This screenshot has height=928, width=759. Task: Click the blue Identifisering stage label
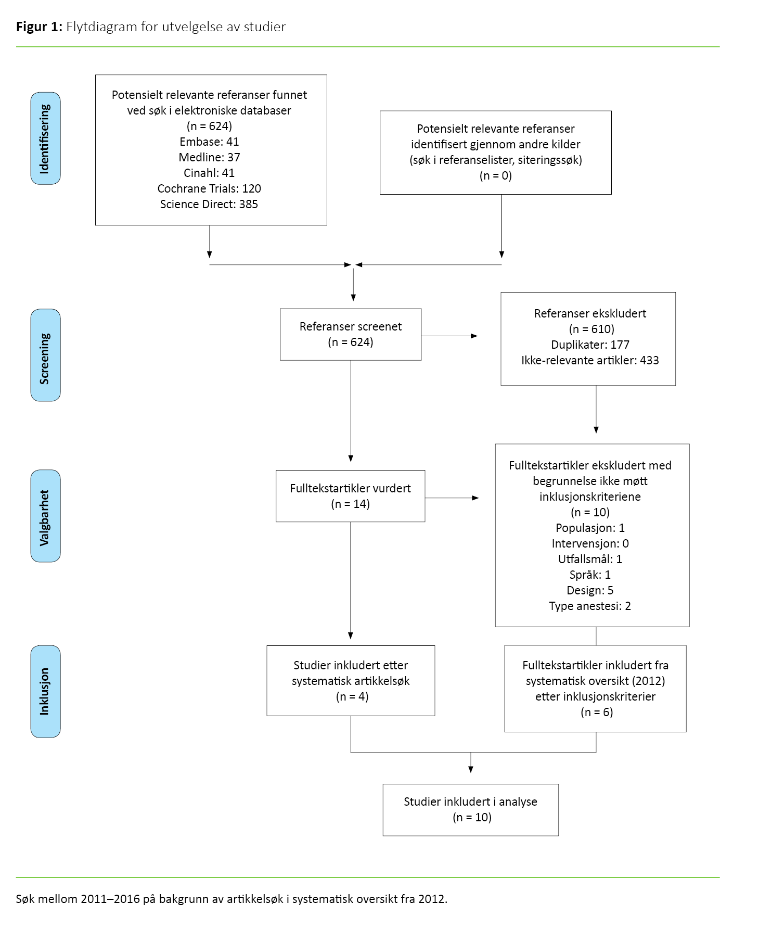tap(45, 138)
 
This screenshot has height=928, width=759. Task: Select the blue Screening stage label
tap(45, 355)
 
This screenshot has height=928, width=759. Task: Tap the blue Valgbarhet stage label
tap(45, 516)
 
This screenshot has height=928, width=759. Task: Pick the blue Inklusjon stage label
tap(45, 691)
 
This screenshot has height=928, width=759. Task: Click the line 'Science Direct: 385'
tap(209, 204)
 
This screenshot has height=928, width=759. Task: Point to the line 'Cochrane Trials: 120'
tap(209, 188)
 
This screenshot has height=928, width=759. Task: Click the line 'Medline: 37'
tap(209, 157)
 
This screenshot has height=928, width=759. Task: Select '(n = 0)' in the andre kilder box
tap(495, 175)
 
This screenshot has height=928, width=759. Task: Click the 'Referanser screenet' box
tap(350, 334)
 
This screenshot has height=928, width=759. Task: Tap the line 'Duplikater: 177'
tap(590, 345)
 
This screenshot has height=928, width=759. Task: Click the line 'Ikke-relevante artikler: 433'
tap(590, 360)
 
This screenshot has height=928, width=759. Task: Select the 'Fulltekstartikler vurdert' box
tap(350, 496)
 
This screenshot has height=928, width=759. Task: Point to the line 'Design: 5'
tap(590, 590)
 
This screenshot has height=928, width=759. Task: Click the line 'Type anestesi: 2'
tap(590, 606)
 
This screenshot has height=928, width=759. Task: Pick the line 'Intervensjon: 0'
tap(590, 543)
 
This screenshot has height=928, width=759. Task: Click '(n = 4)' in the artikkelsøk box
tap(352, 696)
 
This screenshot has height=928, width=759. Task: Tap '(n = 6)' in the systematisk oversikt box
tap(596, 712)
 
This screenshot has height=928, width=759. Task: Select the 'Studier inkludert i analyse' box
tap(470, 809)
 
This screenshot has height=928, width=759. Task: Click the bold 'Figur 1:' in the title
tap(39, 27)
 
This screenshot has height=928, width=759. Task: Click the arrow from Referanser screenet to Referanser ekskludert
tap(449, 336)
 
